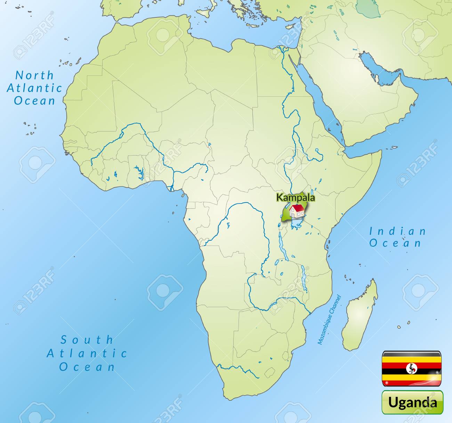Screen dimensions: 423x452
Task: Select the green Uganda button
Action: pos(412,402)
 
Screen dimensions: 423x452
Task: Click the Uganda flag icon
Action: pos(412,369)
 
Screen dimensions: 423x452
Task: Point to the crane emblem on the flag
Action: pos(412,368)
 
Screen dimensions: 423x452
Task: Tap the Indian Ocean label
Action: pos(397,237)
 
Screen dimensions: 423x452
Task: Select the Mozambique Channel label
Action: pos(329,320)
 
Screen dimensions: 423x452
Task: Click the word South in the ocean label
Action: pos(87,340)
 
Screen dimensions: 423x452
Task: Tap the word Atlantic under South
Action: pos(87,353)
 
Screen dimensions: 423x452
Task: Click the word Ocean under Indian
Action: pos(395,243)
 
